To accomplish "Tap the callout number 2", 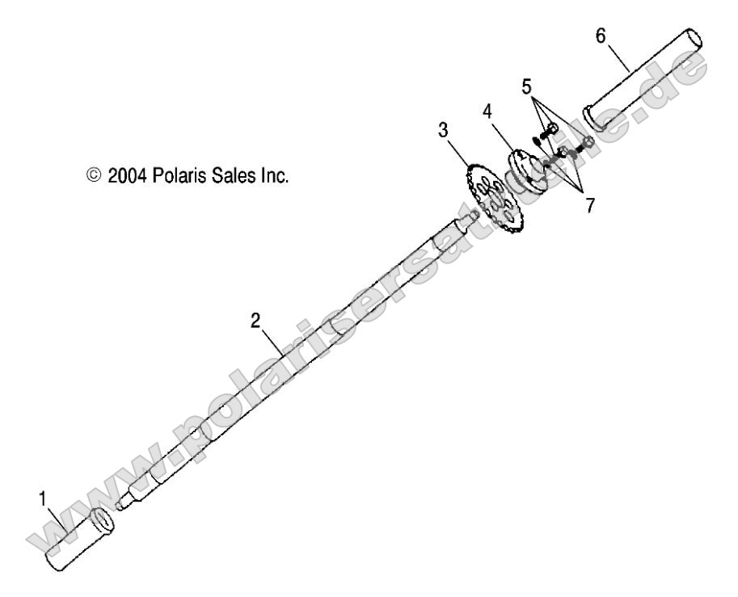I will pyautogui.click(x=255, y=320).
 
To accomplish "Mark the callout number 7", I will pyautogui.click(x=590, y=205).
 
